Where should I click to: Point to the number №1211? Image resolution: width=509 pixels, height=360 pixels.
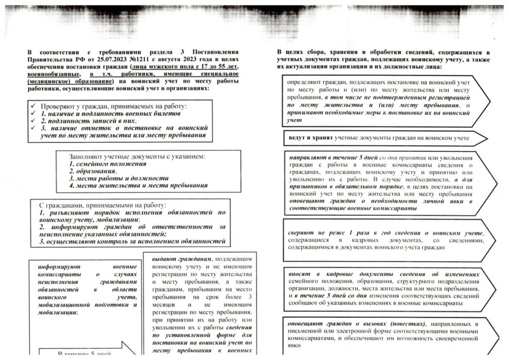(x=126, y=59)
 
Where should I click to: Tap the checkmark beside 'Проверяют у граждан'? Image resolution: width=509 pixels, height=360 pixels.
(x=32, y=106)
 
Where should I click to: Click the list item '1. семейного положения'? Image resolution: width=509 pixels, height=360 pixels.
(x=108, y=164)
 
